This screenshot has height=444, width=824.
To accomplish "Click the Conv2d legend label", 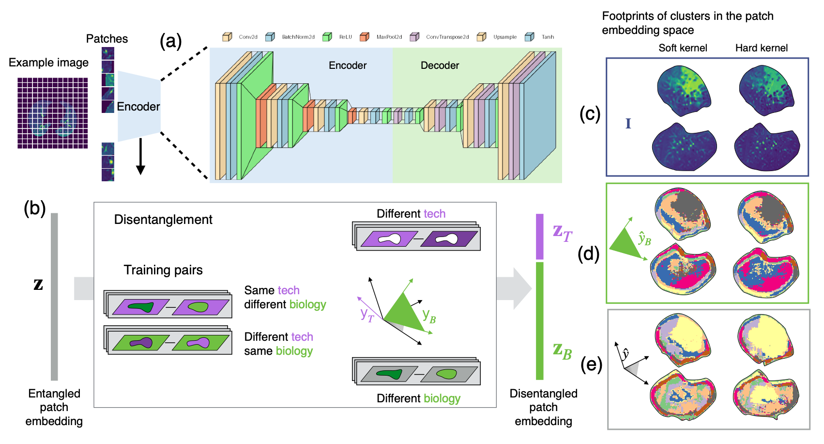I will (x=248, y=37).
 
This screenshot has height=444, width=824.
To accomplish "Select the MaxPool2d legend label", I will (x=389, y=37).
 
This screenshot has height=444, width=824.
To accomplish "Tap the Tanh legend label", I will (x=548, y=37).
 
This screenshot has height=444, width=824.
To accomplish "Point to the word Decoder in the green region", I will (x=440, y=65).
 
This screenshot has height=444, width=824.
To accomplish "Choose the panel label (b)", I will (x=35, y=208).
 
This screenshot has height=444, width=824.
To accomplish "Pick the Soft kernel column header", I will (x=683, y=48).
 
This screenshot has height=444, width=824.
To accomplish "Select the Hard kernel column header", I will (x=761, y=48).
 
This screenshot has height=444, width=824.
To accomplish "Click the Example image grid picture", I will (x=53, y=113).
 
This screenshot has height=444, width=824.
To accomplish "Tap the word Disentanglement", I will (x=163, y=220).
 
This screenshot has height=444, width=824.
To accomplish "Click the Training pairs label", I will (x=163, y=270).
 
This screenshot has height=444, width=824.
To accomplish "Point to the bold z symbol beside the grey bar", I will (x=38, y=284).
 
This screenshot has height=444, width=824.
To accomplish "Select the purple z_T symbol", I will (x=562, y=233).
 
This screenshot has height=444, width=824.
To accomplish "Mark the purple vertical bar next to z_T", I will (x=540, y=237).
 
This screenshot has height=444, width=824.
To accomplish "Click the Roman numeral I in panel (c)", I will (x=628, y=124).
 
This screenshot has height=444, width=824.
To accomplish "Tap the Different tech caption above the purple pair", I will (x=411, y=214).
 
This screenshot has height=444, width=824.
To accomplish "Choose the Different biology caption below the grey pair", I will (x=418, y=398).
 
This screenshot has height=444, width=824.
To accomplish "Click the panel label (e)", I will (x=591, y=364).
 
